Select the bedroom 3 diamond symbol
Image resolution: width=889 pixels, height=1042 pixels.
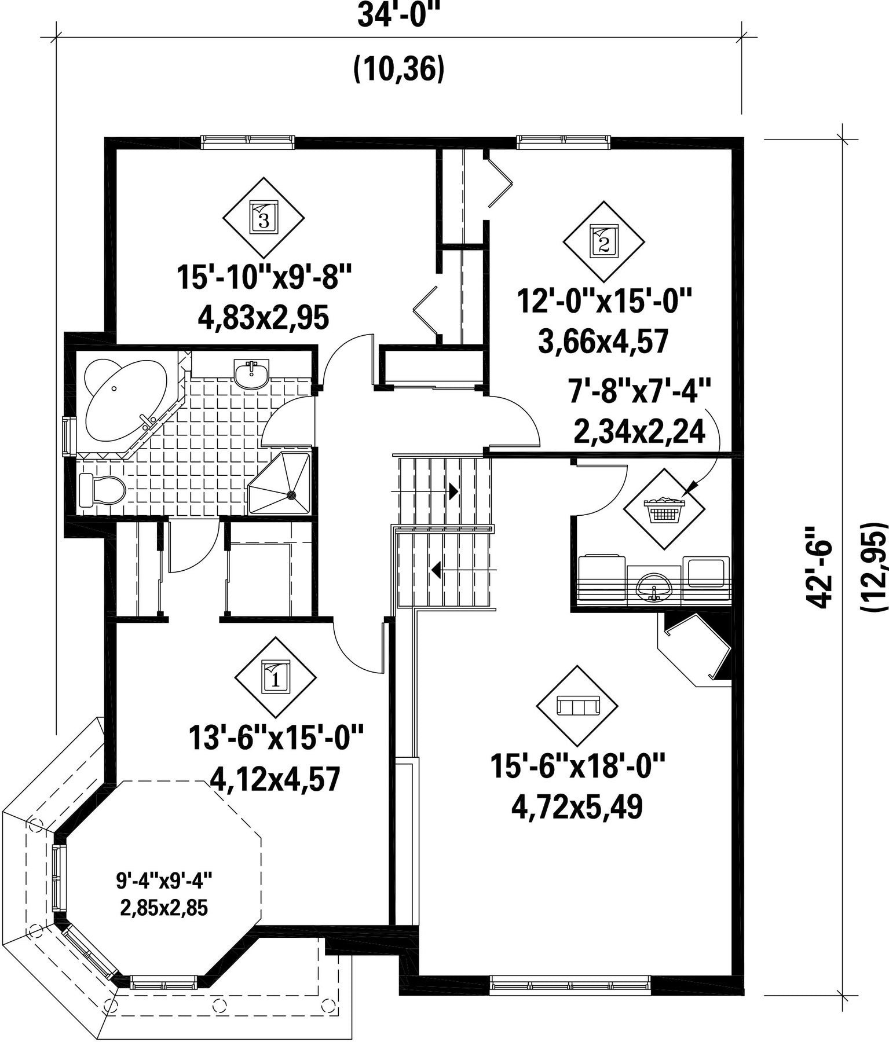(264, 218)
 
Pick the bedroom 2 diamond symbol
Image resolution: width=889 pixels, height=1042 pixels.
(603, 242)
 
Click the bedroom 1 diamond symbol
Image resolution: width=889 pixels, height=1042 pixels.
(275, 677)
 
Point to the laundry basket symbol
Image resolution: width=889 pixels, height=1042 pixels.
(664, 509)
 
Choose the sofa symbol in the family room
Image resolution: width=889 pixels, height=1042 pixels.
(577, 706)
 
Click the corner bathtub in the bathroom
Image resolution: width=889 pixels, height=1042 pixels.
(125, 399)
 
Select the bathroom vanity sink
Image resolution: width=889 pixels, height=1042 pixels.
(252, 373)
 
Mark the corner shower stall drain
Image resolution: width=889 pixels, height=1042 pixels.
(291, 495)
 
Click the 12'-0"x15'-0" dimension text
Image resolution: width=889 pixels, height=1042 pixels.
(604, 302)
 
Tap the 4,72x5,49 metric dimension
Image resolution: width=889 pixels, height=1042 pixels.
(577, 808)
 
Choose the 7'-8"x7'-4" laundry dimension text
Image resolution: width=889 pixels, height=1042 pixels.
(639, 391)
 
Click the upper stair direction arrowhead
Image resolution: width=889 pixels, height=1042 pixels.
(454, 491)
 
